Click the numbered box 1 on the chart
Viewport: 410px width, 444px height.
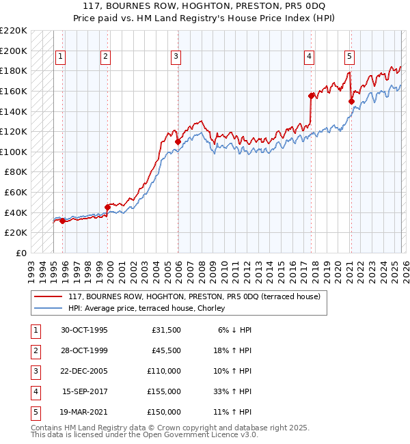pyautogui.click(x=61, y=57)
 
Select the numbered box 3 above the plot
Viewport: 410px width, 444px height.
pyautogui.click(x=176, y=57)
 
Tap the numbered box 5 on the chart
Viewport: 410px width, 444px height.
pyautogui.click(x=349, y=57)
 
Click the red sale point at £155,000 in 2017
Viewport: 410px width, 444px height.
pyautogui.click(x=311, y=96)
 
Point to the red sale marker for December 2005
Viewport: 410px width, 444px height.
pyautogui.click(x=178, y=141)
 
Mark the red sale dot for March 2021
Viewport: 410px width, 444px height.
pyautogui.click(x=351, y=101)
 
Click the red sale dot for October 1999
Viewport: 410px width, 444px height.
pyautogui.click(x=107, y=207)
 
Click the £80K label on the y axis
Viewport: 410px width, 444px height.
pyautogui.click(x=16, y=172)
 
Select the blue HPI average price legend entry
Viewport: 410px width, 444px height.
pyautogui.click(x=150, y=308)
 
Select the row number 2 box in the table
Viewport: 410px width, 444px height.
pyautogui.click(x=33, y=350)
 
